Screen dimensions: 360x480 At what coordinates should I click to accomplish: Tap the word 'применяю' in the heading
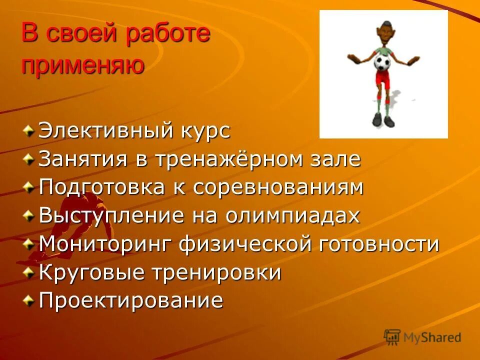(x=83, y=65)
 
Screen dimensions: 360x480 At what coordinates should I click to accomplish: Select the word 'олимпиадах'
(x=292, y=216)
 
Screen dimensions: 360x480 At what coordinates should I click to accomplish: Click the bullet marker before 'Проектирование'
(x=30, y=300)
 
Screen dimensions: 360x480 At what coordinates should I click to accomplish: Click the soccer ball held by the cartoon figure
(x=382, y=63)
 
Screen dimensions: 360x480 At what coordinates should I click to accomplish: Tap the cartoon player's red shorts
(x=382, y=80)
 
